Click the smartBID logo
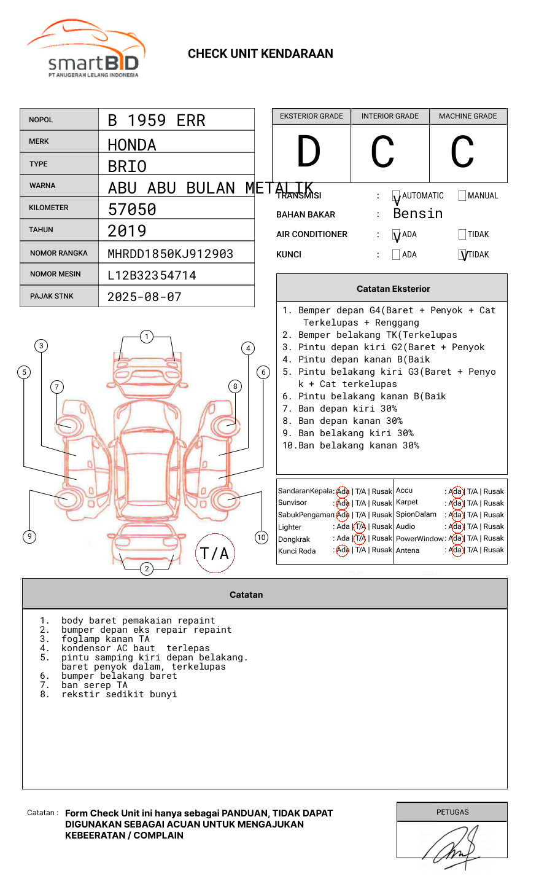86,49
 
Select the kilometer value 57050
132,209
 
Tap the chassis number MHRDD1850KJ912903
170,254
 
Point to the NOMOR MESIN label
55,274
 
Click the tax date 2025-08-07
144,297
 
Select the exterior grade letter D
309,152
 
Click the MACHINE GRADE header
468,116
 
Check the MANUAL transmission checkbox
462,196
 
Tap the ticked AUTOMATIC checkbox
396,197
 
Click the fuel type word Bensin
417,214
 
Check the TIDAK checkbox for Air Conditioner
462,235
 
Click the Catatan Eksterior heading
393,289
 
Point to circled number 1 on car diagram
146,337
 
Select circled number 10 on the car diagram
262,538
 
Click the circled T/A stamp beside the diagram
214,554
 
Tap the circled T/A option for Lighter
360,526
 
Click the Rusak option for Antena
494,550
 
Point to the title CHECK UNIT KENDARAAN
260,54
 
